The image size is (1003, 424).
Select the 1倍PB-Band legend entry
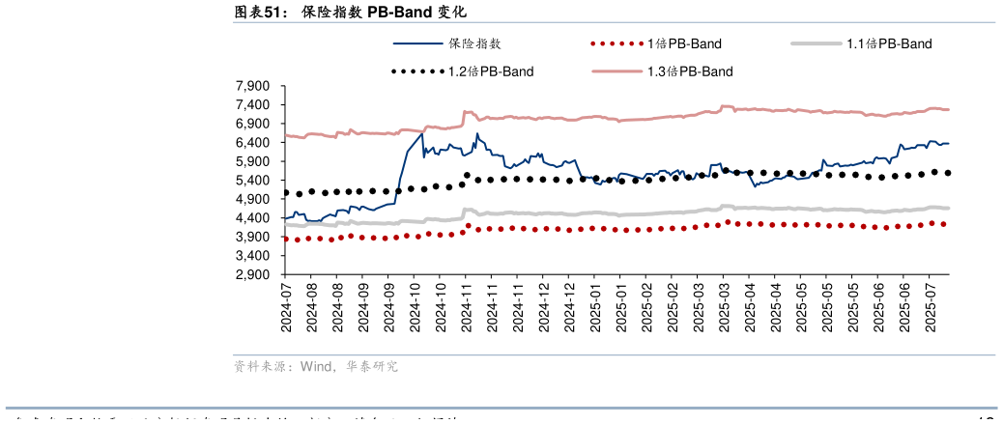tap(684, 43)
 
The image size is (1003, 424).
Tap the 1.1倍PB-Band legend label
tap(889, 43)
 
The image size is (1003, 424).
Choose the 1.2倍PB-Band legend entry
tap(491, 71)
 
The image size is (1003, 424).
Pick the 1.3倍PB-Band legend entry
tap(690, 71)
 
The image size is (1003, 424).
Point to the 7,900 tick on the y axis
tap(254, 86)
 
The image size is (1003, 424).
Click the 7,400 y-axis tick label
tap(254, 105)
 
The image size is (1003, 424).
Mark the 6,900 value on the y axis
tap(254, 124)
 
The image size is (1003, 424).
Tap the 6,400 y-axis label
tap(254, 143)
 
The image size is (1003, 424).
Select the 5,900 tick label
tap(254, 161)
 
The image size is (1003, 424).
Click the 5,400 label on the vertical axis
tap(254, 181)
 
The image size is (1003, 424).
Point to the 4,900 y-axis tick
tap(254, 199)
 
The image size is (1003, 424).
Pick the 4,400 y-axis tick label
tap(254, 218)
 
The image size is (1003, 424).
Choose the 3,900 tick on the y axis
tap(254, 237)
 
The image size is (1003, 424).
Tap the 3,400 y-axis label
tap(254, 256)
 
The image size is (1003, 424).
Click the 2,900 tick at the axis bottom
tap(254, 274)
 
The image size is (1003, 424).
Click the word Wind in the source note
tap(316, 367)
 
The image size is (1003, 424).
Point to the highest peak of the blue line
tap(476, 134)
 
